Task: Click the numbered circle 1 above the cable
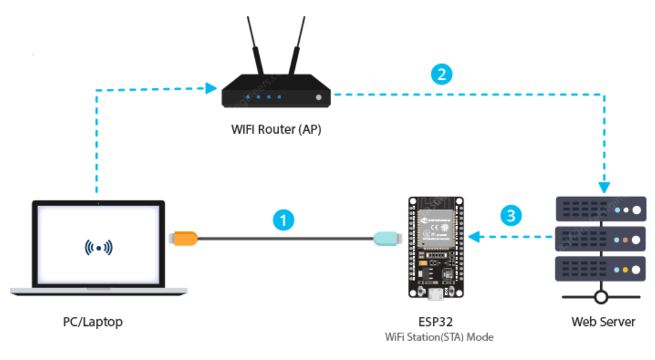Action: pos(283,220)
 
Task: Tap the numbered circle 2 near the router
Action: pos(442,75)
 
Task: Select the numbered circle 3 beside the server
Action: pos(511,215)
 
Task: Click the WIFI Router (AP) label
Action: pos(276,129)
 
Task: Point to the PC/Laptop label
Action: pos(92,322)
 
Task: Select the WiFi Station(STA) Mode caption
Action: pos(439,337)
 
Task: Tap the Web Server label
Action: pos(603,322)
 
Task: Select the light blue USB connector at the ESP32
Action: pos(387,238)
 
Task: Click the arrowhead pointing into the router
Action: pos(212,89)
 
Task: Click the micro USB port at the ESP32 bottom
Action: pos(436,296)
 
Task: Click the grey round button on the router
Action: pos(318,97)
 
